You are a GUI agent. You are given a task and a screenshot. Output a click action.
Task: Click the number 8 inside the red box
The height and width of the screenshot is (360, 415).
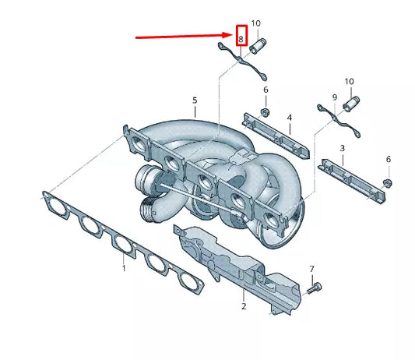pyautogui.click(x=241, y=37)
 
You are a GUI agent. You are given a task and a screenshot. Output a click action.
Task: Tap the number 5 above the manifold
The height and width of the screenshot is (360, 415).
pyautogui.click(x=195, y=101)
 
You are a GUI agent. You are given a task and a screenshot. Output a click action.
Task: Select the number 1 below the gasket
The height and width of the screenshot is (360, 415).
pyautogui.click(x=123, y=268)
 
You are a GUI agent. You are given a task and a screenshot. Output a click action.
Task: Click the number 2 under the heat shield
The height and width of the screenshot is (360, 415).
pyautogui.click(x=243, y=307)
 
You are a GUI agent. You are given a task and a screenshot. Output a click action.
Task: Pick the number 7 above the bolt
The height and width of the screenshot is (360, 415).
pyautogui.click(x=311, y=269)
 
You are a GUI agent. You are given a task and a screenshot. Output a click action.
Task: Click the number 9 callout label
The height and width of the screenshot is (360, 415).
pyautogui.click(x=335, y=98)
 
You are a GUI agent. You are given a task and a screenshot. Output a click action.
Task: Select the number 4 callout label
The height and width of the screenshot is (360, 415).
pyautogui.click(x=289, y=118)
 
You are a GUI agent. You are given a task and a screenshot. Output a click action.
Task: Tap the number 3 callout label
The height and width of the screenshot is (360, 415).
pyautogui.click(x=341, y=148)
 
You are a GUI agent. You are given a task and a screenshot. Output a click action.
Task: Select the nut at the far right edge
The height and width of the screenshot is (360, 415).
pyautogui.click(x=388, y=184)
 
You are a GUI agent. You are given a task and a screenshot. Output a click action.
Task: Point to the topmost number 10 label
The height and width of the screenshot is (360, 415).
pyautogui.click(x=256, y=24)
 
